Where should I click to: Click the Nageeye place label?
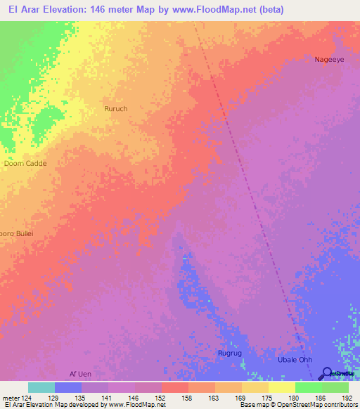click(x=329, y=60)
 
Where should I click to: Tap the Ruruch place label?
click(x=115, y=109)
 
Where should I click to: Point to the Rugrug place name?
click(x=230, y=353)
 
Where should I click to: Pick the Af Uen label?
click(x=80, y=373)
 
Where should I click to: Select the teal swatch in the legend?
click(x=41, y=387)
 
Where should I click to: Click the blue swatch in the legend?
click(x=68, y=387)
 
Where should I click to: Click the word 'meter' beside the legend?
click(x=10, y=397)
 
